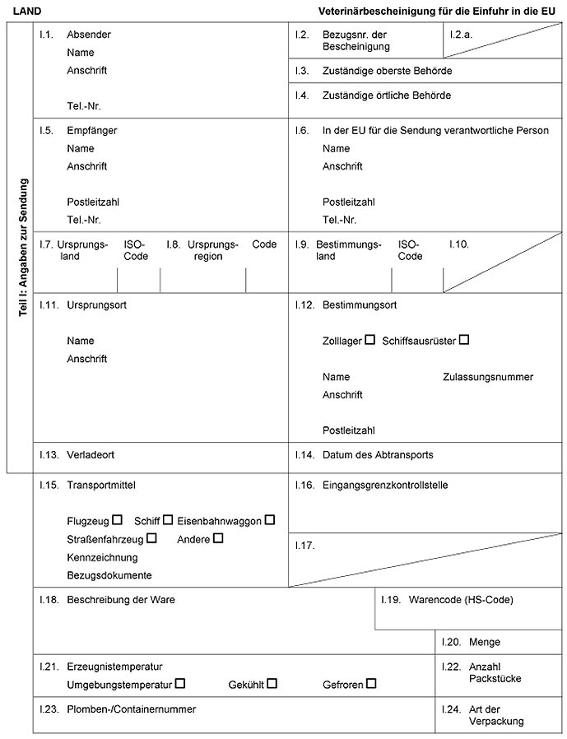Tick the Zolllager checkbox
click(x=369, y=339)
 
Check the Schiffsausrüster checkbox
click(x=464, y=339)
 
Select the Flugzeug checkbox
click(x=118, y=519)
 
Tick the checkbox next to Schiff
click(x=168, y=519)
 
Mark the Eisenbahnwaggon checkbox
click(x=270, y=519)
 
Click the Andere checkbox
click(x=218, y=538)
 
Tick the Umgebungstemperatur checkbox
click(x=180, y=683)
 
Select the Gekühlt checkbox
click(x=272, y=683)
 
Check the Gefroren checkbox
click(x=371, y=683)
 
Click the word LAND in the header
click(x=27, y=12)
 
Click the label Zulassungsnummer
click(x=488, y=377)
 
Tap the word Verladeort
click(x=91, y=454)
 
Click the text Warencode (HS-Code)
click(x=460, y=600)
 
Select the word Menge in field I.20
click(x=484, y=642)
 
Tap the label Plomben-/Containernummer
click(x=132, y=708)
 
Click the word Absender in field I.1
click(x=89, y=35)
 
